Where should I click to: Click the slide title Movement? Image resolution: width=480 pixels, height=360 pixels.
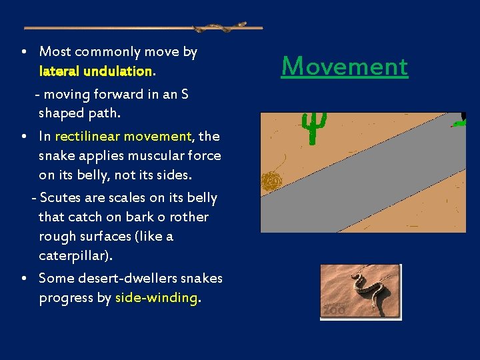[344, 67]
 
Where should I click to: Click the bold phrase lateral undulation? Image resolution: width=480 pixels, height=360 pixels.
[96, 71]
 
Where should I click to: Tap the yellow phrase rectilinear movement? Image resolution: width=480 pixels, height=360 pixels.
[123, 137]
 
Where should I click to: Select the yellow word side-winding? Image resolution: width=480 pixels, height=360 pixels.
[157, 298]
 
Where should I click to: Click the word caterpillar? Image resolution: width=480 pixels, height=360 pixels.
[74, 256]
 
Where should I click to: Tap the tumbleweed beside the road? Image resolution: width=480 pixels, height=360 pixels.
[271, 181]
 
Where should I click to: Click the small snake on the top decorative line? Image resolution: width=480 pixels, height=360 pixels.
[220, 28]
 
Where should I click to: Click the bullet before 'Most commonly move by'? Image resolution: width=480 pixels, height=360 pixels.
[23, 51]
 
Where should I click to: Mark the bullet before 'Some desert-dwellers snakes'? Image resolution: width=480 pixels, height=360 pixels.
[23, 278]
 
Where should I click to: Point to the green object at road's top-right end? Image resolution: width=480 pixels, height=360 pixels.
[459, 121]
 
